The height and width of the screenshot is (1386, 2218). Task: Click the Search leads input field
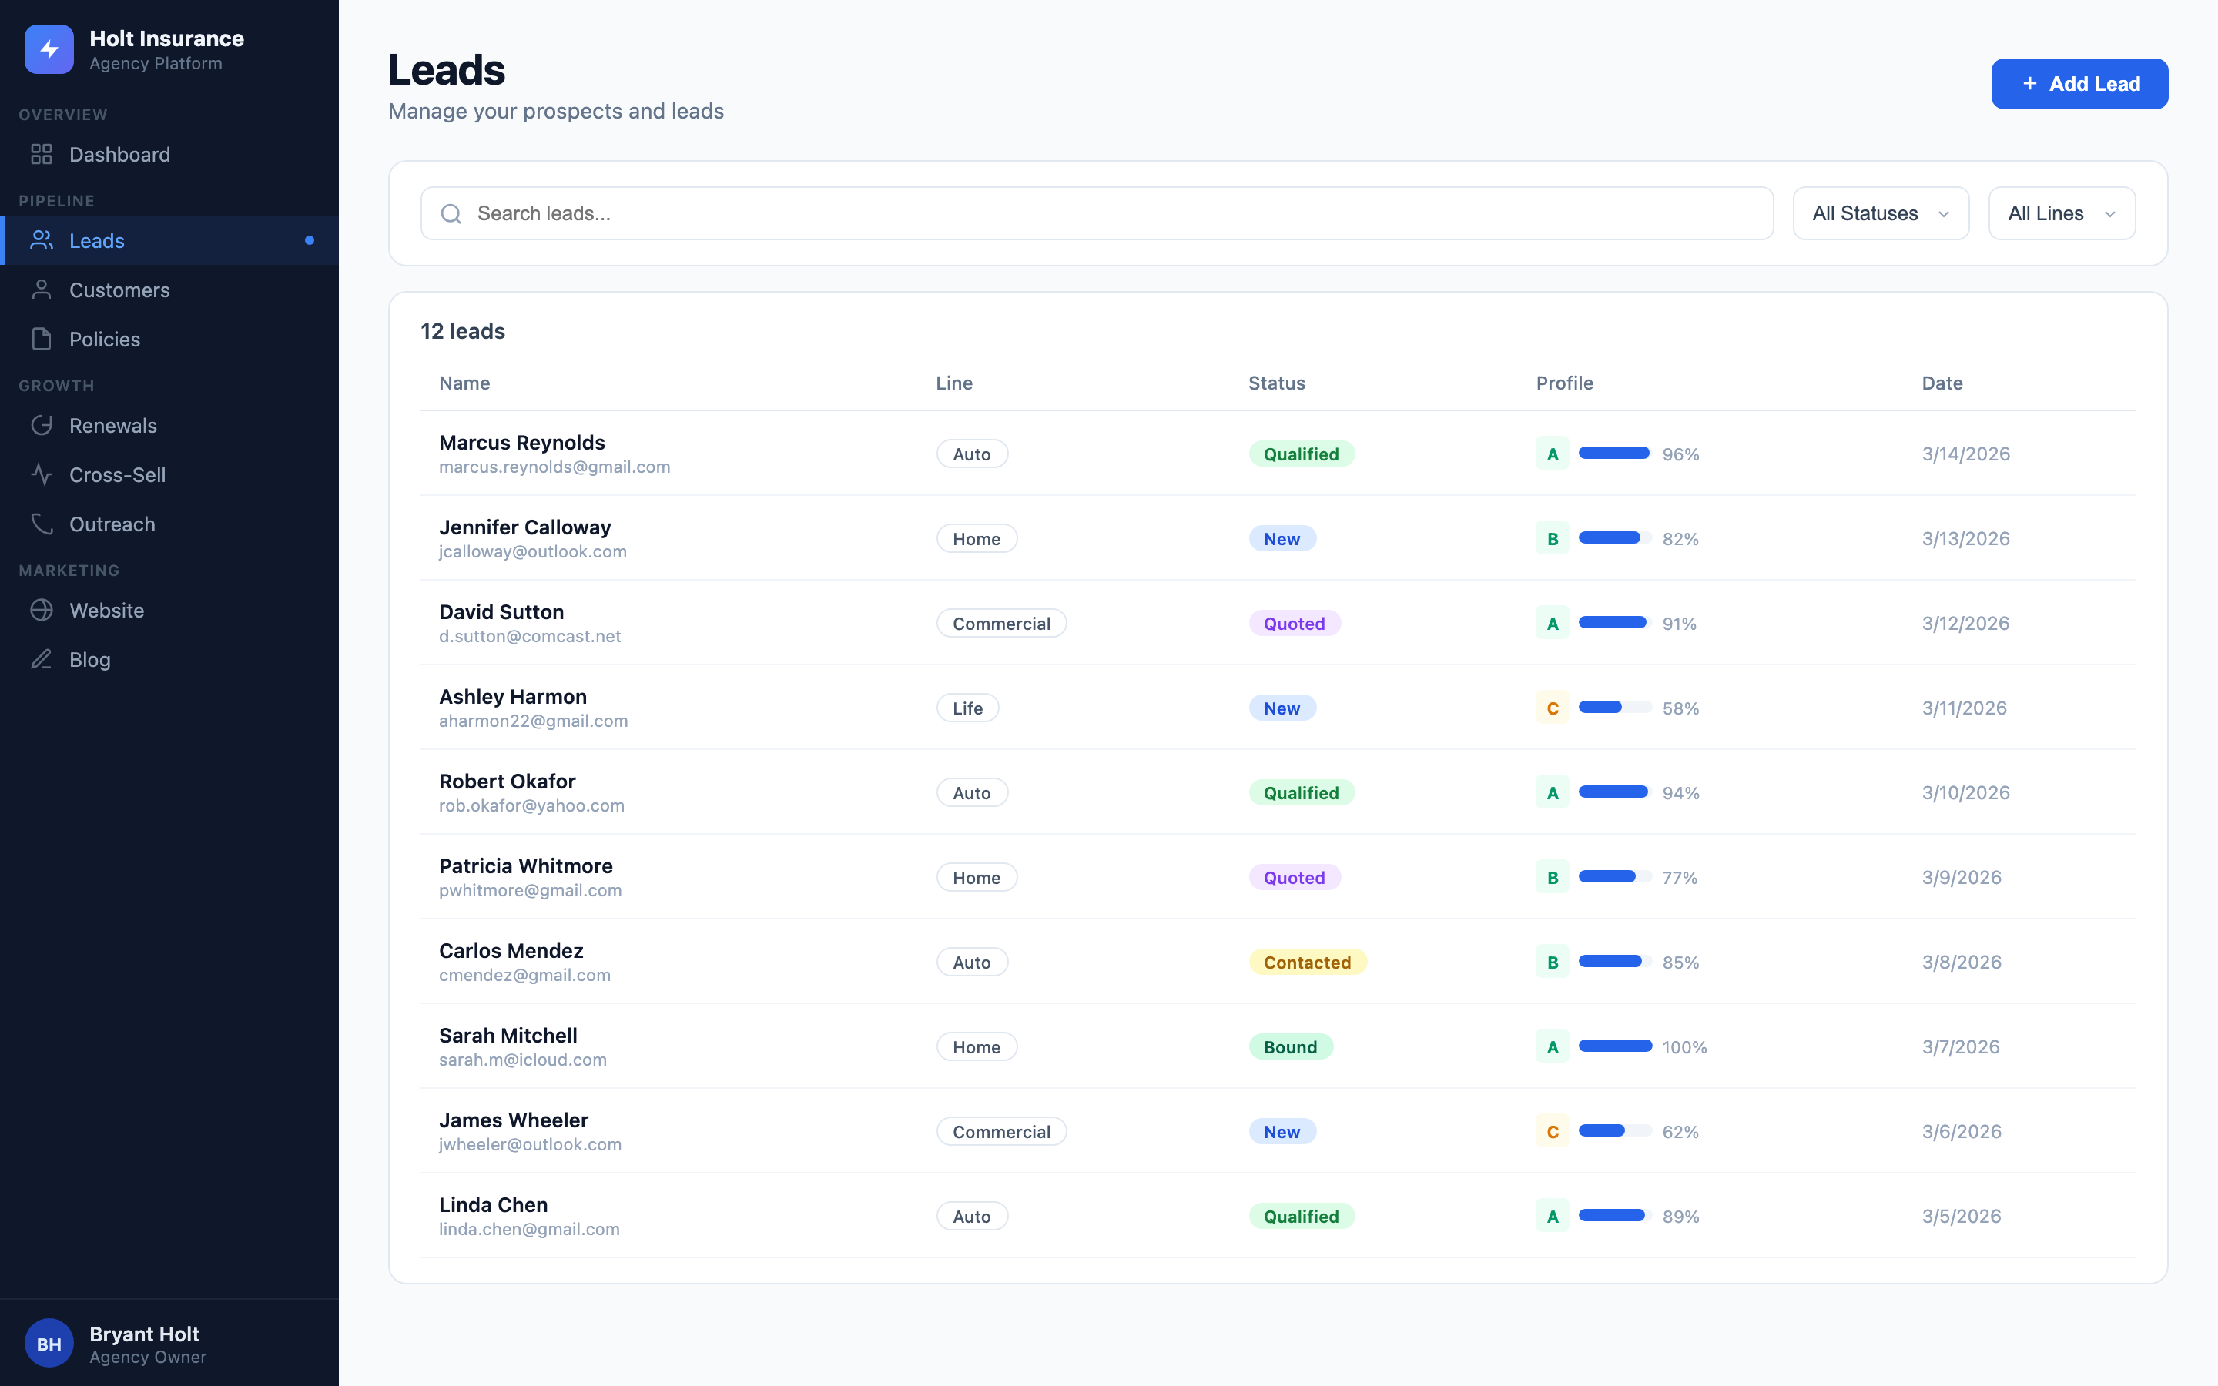click(1096, 213)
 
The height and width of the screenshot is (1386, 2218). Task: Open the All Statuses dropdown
click(1880, 213)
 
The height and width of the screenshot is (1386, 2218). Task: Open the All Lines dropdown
click(2060, 213)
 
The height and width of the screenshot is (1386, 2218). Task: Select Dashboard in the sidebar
click(119, 154)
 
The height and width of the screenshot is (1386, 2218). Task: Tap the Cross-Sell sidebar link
click(117, 475)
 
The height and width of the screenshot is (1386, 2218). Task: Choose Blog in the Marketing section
click(90, 660)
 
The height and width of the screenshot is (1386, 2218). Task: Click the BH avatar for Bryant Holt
click(49, 1344)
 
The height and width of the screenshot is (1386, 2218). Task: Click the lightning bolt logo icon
click(49, 49)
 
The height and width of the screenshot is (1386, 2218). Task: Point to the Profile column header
click(1563, 383)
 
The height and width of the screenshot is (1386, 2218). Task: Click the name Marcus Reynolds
click(521, 443)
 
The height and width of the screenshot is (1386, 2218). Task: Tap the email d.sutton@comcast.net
click(530, 636)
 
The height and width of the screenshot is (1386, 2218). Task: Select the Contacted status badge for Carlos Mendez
click(1307, 962)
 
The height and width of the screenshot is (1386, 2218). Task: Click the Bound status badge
click(1289, 1047)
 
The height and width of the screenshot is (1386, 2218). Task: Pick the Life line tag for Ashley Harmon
click(967, 708)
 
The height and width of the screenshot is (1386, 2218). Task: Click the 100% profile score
click(1684, 1047)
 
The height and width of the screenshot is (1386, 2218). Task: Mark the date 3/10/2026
click(1965, 793)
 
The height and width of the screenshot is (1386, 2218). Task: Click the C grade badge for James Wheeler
click(1552, 1132)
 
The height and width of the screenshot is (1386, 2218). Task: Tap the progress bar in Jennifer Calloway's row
click(1614, 538)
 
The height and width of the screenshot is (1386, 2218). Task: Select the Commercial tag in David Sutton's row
click(1001, 624)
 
